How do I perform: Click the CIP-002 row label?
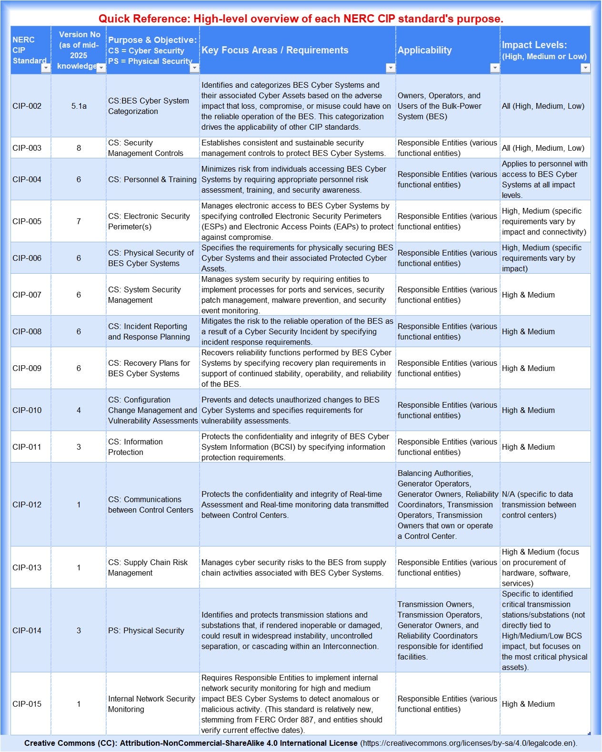point(27,106)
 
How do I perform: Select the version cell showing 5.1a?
point(79,106)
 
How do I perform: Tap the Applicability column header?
point(425,50)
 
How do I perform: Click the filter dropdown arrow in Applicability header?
point(495,68)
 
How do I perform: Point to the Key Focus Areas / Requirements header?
point(275,50)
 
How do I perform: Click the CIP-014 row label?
point(27,630)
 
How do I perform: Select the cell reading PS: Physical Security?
point(146,630)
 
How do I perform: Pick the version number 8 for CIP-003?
point(79,148)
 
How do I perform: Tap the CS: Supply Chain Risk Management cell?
point(148,567)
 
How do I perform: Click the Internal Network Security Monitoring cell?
point(151,704)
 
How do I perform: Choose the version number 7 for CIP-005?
point(79,221)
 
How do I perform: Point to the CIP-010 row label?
point(27,410)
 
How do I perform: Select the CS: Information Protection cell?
point(136,447)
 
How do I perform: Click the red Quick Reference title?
point(301,19)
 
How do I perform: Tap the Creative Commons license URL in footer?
point(468,743)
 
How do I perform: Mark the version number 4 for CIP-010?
point(79,410)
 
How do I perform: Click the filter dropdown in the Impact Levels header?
point(585,68)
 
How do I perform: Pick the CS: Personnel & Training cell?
point(152,179)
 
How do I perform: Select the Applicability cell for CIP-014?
point(440,630)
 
